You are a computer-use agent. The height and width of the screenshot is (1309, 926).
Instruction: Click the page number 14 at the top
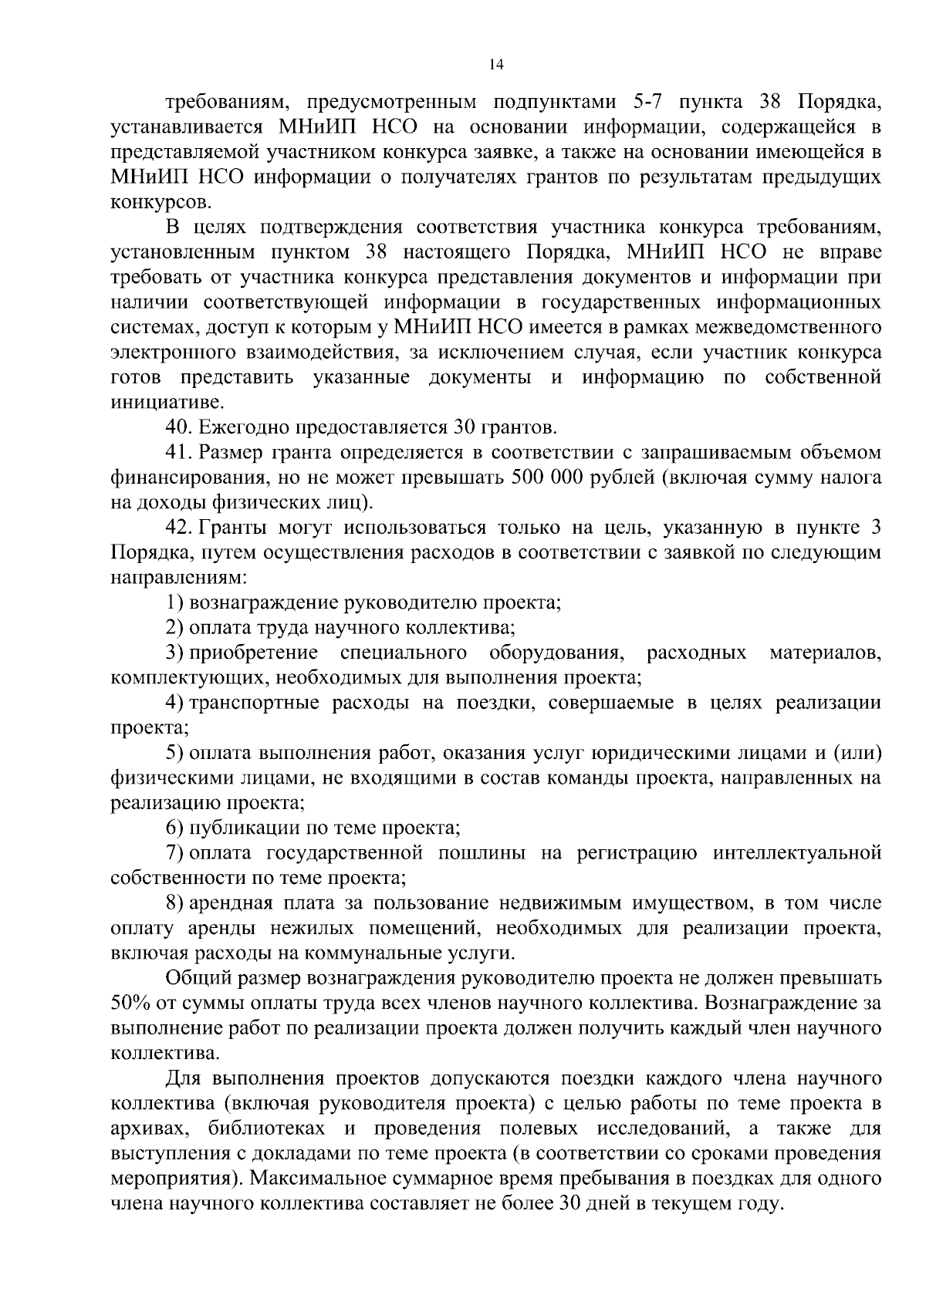(496, 65)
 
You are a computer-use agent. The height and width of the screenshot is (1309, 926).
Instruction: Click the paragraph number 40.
(178, 427)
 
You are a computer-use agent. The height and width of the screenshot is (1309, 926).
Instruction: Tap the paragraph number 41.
(178, 452)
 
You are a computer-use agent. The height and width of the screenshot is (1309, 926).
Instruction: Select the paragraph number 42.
(178, 528)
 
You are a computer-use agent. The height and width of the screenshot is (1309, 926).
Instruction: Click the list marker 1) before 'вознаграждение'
(174, 602)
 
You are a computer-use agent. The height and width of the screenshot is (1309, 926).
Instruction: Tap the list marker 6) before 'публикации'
(174, 828)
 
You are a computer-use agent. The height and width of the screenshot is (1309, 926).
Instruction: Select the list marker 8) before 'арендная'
(174, 903)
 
